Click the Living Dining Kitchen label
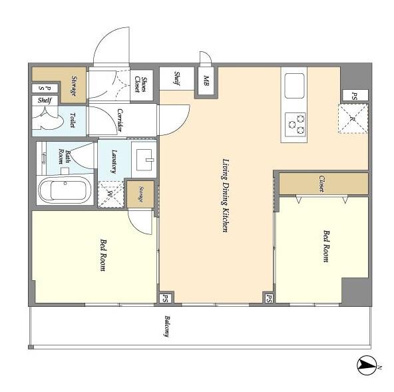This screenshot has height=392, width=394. [x=226, y=196]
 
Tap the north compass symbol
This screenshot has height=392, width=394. [x=367, y=365]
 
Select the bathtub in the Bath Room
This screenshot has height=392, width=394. [x=65, y=190]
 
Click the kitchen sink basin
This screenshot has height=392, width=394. [x=294, y=86]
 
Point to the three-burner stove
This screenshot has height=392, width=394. [x=295, y=124]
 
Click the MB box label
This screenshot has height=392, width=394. [x=206, y=81]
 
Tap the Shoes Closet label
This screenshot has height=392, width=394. [x=141, y=85]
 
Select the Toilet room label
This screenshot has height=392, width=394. [x=73, y=120]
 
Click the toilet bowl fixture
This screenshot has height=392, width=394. [x=48, y=118]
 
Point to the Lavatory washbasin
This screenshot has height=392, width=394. [x=144, y=160]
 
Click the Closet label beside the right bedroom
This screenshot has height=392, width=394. [x=322, y=184]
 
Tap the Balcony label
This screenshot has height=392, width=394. [x=167, y=326]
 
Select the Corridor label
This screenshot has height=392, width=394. [x=120, y=120]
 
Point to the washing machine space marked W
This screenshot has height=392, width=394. [x=110, y=194]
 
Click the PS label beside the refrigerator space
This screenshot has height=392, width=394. [x=355, y=96]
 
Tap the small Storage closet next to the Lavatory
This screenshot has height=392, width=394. [x=140, y=194]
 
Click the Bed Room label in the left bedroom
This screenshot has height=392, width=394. [x=102, y=255]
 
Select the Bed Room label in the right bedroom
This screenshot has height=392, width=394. [x=326, y=246]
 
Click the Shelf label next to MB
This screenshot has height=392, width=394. [x=177, y=79]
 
